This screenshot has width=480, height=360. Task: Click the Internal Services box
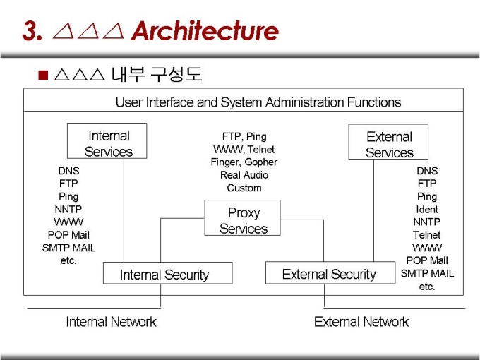(x=107, y=141)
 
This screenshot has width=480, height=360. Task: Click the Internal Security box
(x=167, y=273)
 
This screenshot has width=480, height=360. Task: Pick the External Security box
(x=330, y=272)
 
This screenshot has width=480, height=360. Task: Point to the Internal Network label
(x=111, y=322)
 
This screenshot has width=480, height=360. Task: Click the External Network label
(x=361, y=322)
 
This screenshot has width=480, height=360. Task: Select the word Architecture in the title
(x=204, y=31)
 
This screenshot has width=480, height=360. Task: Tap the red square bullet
(x=44, y=75)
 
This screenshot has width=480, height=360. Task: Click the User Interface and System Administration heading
(x=258, y=102)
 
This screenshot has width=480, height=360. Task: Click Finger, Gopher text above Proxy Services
(x=244, y=162)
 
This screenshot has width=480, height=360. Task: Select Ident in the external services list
(x=427, y=210)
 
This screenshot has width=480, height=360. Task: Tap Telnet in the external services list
(x=427, y=235)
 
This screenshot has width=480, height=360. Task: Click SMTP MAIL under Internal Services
(x=68, y=248)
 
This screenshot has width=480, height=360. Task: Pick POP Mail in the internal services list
(x=68, y=235)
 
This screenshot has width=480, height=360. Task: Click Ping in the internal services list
(x=68, y=197)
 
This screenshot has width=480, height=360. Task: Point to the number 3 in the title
(x=30, y=31)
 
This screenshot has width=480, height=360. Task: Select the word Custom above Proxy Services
(x=244, y=188)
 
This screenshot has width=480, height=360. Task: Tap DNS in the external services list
(x=427, y=171)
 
